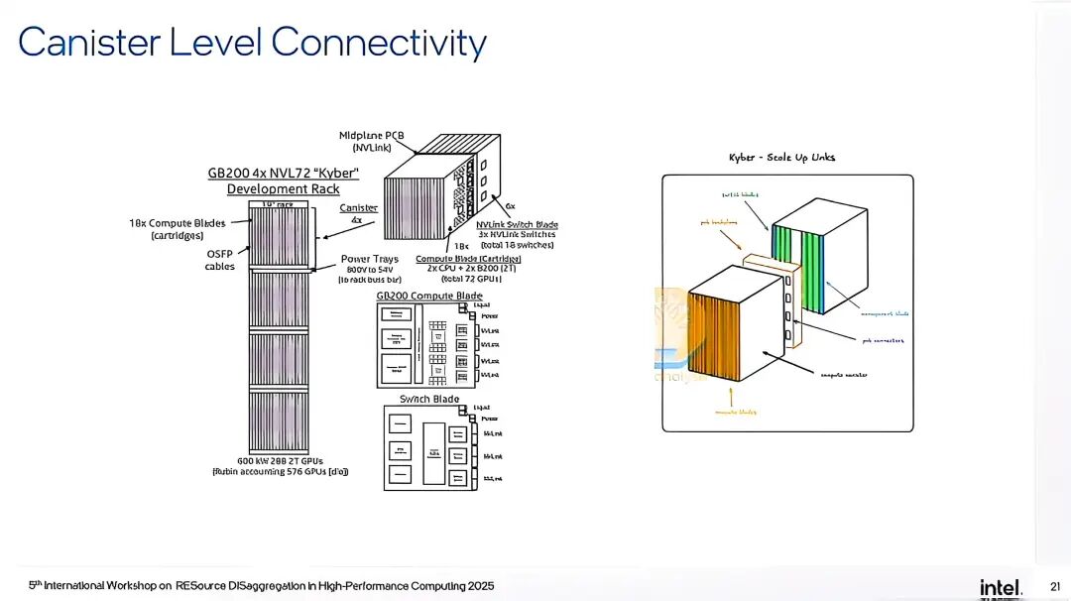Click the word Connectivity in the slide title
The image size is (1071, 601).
tap(378, 43)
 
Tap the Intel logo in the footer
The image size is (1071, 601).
tap(1001, 587)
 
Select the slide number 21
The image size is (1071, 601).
tap(1053, 587)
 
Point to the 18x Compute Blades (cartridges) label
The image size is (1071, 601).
tap(177, 229)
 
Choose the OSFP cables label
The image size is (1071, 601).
tap(219, 259)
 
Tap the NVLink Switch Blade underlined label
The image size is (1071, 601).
tap(517, 224)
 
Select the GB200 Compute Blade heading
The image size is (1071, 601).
tap(429, 296)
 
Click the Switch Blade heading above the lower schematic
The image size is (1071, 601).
tap(429, 399)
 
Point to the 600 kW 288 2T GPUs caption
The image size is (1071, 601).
tap(281, 465)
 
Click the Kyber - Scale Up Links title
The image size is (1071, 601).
tap(781, 158)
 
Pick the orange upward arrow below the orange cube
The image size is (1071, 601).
tap(732, 397)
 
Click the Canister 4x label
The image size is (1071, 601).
tap(358, 213)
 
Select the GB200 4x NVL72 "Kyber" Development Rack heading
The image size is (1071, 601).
tap(283, 180)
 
